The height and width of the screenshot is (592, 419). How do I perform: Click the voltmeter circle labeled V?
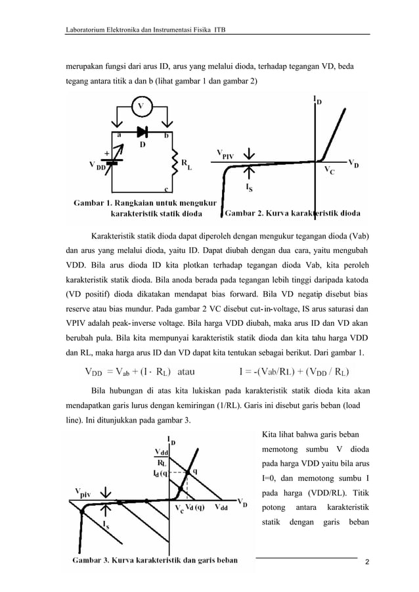tap(140, 106)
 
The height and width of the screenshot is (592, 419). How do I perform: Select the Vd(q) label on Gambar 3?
tap(194, 507)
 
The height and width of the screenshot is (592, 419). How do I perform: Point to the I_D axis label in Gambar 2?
tap(318, 101)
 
